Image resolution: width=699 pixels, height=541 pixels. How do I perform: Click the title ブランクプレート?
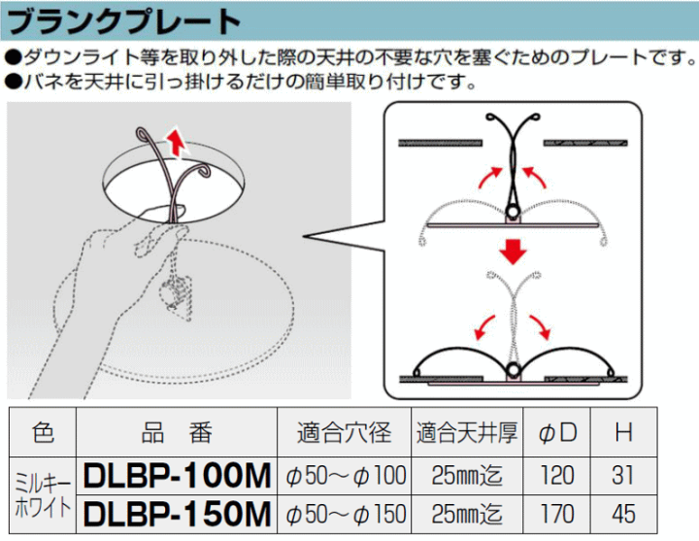(x=123, y=21)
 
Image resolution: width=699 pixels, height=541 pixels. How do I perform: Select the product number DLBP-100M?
(x=177, y=476)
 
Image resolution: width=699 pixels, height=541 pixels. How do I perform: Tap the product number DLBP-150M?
(x=177, y=514)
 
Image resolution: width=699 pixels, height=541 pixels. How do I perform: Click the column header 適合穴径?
(x=344, y=432)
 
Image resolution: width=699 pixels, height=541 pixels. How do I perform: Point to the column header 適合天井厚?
(x=467, y=432)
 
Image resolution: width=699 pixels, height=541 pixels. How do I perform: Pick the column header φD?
(x=557, y=433)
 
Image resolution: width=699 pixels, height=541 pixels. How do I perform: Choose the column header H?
(x=623, y=431)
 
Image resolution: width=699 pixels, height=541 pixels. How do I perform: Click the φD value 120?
(x=557, y=475)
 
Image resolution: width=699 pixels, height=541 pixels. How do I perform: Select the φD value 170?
(x=557, y=514)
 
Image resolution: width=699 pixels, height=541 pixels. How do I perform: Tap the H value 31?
(x=622, y=475)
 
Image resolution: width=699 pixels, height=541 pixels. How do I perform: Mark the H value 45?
(x=623, y=514)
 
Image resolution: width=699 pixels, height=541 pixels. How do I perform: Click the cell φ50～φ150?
(x=346, y=514)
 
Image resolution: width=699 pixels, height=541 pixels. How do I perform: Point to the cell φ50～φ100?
(x=346, y=475)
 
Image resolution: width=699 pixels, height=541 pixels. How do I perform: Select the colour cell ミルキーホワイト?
(x=43, y=495)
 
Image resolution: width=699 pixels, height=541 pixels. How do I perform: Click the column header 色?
(x=43, y=432)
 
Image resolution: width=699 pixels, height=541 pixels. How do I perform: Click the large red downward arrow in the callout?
(x=514, y=252)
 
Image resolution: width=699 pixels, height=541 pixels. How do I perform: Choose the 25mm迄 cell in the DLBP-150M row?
(x=467, y=514)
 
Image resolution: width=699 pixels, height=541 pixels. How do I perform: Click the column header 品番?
(x=177, y=432)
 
